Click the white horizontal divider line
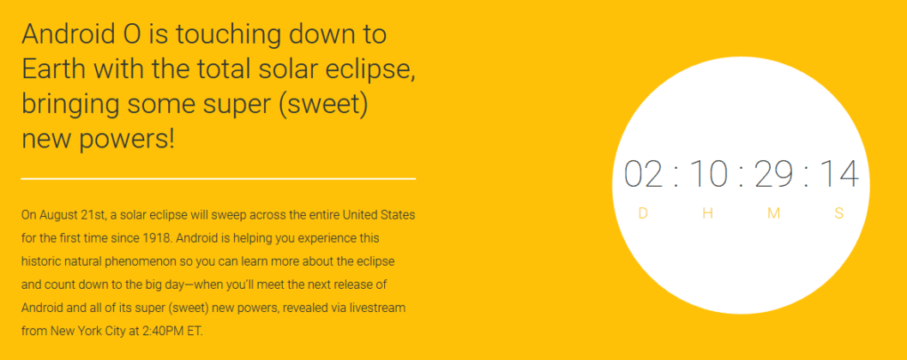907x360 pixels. tap(219, 179)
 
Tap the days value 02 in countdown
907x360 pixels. tap(644, 173)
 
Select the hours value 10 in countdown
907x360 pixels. tap(708, 173)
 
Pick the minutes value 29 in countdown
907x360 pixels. tap(772, 173)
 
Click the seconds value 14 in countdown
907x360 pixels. tap(838, 173)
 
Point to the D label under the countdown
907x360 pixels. tap(643, 213)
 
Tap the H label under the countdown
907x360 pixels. tap(708, 213)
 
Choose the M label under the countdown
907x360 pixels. tap(773, 213)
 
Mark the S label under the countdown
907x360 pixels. tap(838, 213)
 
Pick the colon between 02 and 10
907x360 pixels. tap(676, 176)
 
